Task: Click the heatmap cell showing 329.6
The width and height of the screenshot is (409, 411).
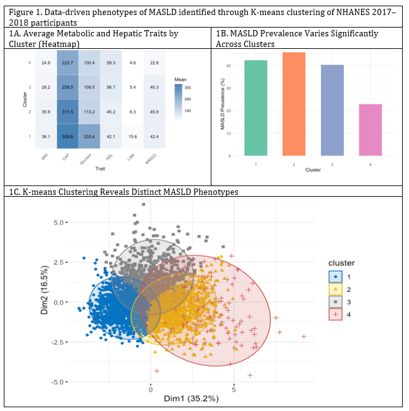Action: [68, 137]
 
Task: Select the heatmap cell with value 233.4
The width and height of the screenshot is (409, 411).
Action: [89, 137]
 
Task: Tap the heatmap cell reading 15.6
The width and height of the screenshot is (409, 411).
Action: [132, 137]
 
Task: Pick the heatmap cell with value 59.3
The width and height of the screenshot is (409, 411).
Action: [111, 63]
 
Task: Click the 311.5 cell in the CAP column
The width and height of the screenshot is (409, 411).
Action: [68, 112]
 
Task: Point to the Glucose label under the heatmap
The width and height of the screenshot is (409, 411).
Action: [85, 159]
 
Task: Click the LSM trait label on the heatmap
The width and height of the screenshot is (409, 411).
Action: [130, 157]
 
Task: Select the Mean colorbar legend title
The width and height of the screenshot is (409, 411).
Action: [180, 80]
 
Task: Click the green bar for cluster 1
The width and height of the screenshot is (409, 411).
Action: [256, 108]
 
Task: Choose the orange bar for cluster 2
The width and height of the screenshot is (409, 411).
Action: [294, 104]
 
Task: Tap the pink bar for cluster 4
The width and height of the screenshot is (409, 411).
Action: [370, 130]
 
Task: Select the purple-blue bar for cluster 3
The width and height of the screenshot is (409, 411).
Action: [332, 110]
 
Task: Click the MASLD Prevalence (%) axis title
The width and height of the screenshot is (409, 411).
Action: [223, 104]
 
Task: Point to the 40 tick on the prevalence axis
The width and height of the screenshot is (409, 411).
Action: [229, 66]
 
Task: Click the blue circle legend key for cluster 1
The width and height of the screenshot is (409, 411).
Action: [335, 277]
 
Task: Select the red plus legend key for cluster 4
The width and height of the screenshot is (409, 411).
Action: [335, 315]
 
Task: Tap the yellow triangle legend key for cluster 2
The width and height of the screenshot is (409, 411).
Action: [335, 289]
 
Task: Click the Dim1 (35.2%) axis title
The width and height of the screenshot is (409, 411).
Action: [191, 398]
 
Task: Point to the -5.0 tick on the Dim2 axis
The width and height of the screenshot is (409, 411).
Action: [57, 382]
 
